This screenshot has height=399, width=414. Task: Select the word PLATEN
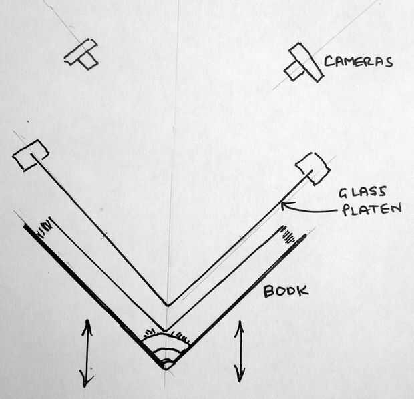pyautogui.click(x=371, y=210)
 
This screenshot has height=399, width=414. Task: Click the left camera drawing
pyautogui.click(x=82, y=55)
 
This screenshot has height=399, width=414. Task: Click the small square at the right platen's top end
pyautogui.click(x=313, y=168)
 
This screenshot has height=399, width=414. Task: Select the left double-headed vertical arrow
pyautogui.click(x=86, y=352)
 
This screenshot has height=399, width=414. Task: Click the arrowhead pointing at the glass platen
pyautogui.click(x=284, y=206)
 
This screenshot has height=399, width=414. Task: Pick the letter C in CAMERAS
pyautogui.click(x=329, y=62)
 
